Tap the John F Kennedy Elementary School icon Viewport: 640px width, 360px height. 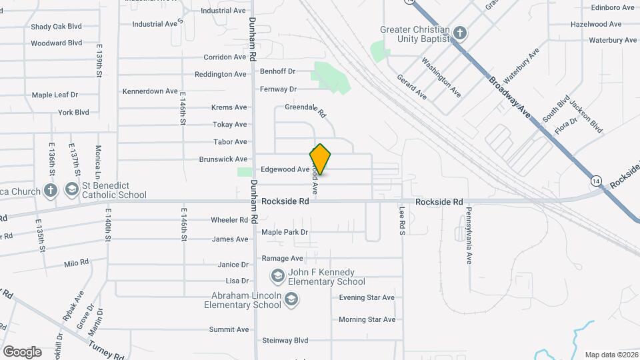[x=277, y=275]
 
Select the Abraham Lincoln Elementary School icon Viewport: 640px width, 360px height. [x=291, y=300]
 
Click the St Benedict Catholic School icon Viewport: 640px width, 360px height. [x=71, y=190]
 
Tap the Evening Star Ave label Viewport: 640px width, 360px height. [x=367, y=298]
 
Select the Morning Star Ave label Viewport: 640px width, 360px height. [x=367, y=320]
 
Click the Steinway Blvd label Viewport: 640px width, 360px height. [x=285, y=341]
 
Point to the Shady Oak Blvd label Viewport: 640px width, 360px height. [x=56, y=27]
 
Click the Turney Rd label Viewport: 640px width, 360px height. [x=107, y=349]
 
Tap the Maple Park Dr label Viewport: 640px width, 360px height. [x=285, y=233]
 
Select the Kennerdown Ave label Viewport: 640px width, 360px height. [x=150, y=91]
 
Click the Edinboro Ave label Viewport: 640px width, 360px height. [x=612, y=8]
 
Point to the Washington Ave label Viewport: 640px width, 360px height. [x=441, y=77]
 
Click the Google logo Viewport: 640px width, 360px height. [x=22, y=352]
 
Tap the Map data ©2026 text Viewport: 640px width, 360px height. [x=611, y=355]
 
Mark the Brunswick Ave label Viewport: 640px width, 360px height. [x=223, y=160]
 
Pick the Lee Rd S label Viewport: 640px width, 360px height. [x=403, y=220]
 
